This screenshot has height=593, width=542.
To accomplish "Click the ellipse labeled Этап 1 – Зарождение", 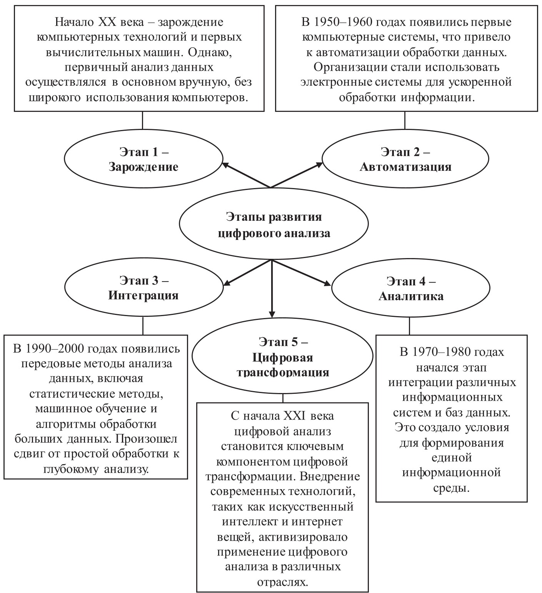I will point(143,159).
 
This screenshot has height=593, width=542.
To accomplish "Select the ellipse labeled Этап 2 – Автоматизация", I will point(405,159).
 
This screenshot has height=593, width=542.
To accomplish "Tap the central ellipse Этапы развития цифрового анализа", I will point(274,225).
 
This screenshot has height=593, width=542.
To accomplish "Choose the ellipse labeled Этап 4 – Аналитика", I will point(411,288).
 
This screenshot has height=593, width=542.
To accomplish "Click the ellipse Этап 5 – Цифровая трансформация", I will point(283,356).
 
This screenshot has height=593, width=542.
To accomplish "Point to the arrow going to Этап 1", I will point(246,175).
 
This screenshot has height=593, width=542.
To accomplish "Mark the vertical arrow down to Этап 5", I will point(272,288).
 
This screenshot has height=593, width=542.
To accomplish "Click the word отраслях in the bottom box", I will point(283,582).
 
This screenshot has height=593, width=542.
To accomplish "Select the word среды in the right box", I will point(452,488).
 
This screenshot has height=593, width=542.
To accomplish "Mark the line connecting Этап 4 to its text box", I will point(409,325).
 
